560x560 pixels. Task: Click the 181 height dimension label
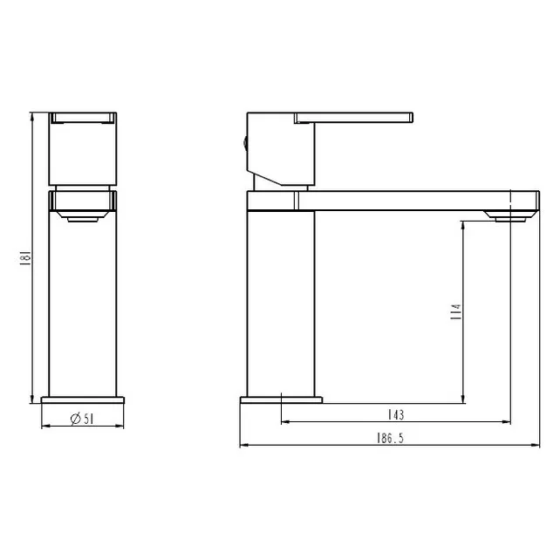pos(25,258)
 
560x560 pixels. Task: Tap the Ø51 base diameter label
pos(82,419)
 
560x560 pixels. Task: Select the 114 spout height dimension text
pos(456,311)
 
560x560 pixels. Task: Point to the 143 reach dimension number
pos(396,414)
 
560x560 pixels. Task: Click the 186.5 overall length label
pos(390,438)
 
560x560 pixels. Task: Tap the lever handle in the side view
pos(353,118)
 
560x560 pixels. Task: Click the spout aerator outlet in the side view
pos(510,216)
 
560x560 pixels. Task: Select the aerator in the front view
pos(83,216)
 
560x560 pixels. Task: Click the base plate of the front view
pos(83,400)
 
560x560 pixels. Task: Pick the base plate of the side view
pos(282,400)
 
